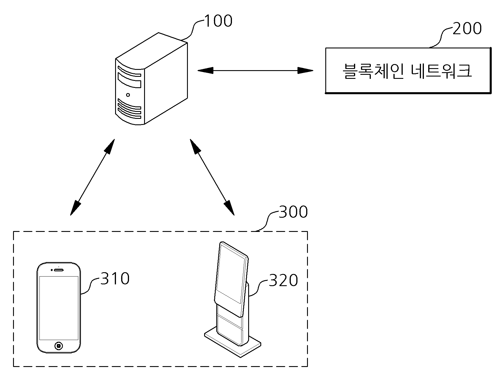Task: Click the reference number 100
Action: click(x=218, y=21)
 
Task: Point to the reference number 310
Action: click(x=115, y=279)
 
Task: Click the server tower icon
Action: click(x=151, y=79)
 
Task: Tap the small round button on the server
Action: click(x=128, y=94)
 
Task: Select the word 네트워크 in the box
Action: click(x=441, y=71)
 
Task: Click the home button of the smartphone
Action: click(x=59, y=346)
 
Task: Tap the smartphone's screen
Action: click(x=59, y=308)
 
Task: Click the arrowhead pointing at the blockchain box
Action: click(x=305, y=70)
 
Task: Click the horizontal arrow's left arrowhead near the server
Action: click(x=205, y=70)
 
